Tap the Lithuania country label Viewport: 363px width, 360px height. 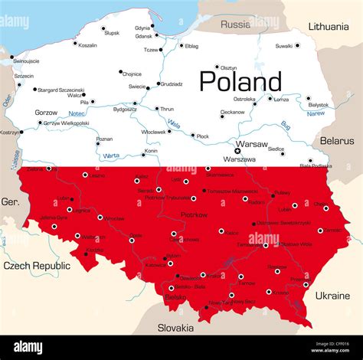(329, 26)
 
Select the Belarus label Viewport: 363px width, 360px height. (338, 141)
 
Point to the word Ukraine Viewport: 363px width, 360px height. (332, 295)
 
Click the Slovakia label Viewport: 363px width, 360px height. (175, 327)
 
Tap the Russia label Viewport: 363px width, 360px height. (235, 25)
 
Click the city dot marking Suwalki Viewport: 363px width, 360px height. (298, 45)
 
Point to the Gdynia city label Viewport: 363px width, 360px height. (142, 28)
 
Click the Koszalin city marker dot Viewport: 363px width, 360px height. (75, 44)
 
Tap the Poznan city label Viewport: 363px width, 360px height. (104, 139)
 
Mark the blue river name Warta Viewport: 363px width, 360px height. (110, 155)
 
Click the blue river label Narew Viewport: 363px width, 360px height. (315, 113)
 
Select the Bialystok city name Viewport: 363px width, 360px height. (318, 105)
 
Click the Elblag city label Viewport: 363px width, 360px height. (191, 46)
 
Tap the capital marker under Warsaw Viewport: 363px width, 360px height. (237, 151)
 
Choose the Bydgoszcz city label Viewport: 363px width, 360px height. (125, 109)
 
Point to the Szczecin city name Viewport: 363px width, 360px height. (24, 76)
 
